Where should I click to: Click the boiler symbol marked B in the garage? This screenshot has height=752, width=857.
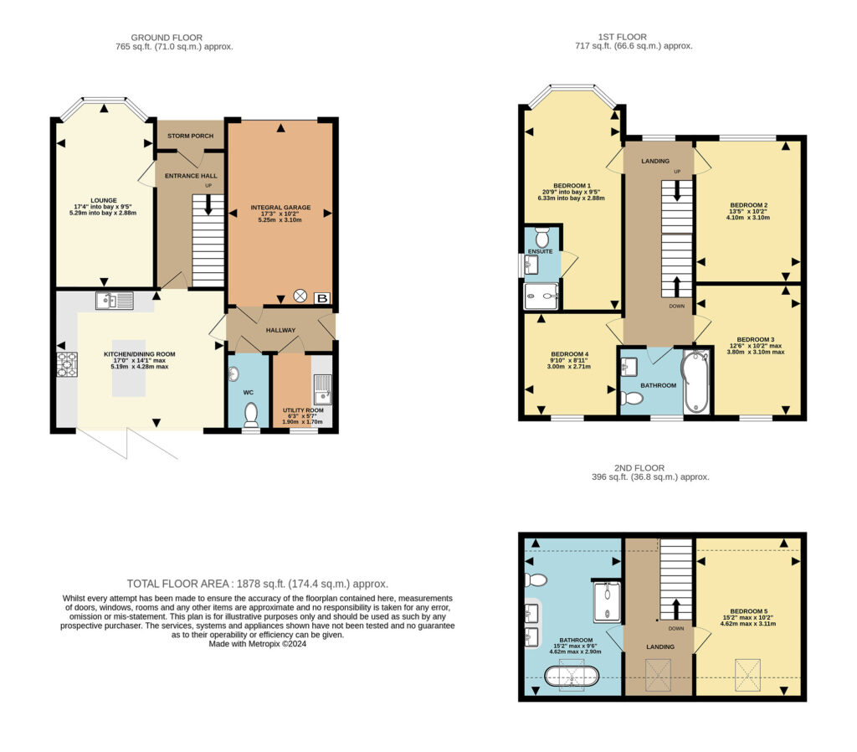(322, 298)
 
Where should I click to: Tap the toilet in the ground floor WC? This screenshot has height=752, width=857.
(251, 415)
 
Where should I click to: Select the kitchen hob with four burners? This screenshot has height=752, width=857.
(67, 365)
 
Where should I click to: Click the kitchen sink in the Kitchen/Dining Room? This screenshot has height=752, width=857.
(114, 301)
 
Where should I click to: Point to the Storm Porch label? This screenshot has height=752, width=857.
(190, 136)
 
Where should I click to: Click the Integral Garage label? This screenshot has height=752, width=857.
(280, 208)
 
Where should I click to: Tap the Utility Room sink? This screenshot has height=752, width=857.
(322, 389)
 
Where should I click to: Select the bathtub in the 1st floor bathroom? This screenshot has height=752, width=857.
(695, 383)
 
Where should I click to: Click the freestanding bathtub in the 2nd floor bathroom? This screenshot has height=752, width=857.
(572, 676)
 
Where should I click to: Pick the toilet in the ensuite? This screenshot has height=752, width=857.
(541, 237)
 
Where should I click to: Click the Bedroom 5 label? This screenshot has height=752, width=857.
(749, 611)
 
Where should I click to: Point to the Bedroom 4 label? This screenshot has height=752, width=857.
(569, 354)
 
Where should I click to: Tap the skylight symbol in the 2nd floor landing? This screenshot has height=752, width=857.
(658, 675)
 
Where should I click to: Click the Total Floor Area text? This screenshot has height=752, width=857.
(258, 584)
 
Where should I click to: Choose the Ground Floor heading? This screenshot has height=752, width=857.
(167, 37)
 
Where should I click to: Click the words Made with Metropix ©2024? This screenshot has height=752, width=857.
(258, 644)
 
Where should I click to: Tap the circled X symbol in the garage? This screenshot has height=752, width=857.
(300, 296)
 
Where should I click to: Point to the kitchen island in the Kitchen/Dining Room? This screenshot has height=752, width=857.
(129, 377)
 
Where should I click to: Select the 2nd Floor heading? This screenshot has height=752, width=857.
(639, 467)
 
